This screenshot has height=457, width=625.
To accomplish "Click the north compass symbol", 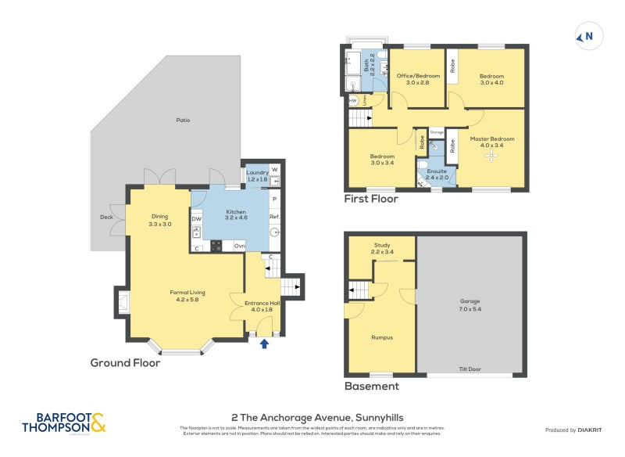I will (584, 36).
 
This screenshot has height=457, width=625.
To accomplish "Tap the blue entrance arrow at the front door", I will (264, 342).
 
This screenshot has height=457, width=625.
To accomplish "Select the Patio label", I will (183, 120).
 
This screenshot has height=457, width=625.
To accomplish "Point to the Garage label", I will (470, 300).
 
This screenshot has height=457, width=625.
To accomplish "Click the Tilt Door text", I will (470, 367).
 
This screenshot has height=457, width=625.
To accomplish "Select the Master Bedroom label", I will (492, 142).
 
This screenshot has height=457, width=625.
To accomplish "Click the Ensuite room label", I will (437, 174).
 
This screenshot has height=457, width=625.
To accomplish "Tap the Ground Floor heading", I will (125, 363).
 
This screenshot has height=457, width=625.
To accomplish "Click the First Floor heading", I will (371, 200).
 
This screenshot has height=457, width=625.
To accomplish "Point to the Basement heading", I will (371, 387).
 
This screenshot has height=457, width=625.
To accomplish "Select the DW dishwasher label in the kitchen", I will (197, 219).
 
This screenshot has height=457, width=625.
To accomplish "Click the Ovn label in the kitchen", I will (240, 246).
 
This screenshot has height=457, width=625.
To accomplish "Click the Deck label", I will (107, 218).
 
